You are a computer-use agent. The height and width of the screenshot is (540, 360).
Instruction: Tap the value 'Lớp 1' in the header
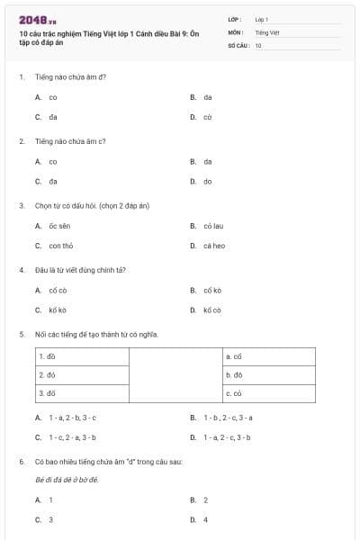click(262, 19)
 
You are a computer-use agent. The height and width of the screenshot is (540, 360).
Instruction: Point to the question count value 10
click(258, 44)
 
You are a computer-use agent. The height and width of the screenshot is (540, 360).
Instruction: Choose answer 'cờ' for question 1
click(207, 117)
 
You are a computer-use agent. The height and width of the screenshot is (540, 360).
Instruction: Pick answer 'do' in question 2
click(207, 181)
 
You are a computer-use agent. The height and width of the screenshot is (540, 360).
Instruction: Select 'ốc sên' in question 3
click(59, 226)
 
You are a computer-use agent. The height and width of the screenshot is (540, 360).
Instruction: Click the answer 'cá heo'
click(213, 245)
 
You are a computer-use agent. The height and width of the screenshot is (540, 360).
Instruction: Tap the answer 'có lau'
click(212, 226)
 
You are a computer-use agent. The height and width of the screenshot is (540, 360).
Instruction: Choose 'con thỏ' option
click(61, 245)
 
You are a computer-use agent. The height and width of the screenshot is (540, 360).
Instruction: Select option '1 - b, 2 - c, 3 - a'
click(228, 418)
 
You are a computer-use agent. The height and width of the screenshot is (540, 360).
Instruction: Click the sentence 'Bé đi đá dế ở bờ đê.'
click(67, 480)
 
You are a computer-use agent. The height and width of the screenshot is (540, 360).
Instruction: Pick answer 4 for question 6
click(206, 519)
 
